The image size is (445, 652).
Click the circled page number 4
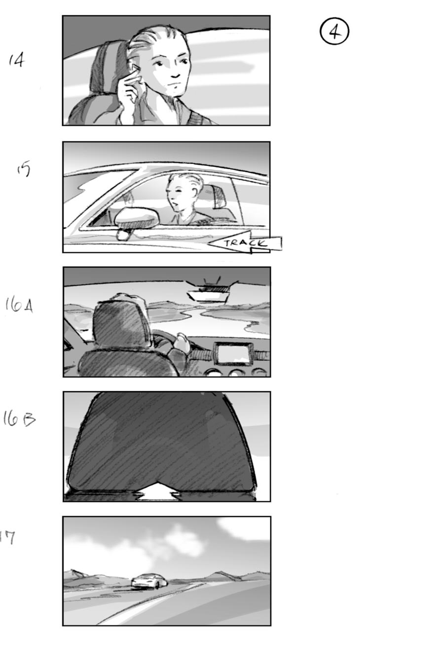[334, 32]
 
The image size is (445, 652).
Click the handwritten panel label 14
[16, 60]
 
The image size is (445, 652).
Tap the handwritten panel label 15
[23, 169]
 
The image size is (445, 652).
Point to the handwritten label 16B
[20, 419]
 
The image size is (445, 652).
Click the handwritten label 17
[7, 538]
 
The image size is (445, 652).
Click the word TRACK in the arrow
[245, 243]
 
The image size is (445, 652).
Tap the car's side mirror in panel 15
[136, 218]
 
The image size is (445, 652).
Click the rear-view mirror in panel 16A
[208, 294]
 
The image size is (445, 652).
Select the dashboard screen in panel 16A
[233, 353]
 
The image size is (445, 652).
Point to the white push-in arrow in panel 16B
[157, 493]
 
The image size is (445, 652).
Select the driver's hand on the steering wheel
[181, 343]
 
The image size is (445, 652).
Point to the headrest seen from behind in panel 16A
[120, 325]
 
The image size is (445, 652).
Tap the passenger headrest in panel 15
[217, 197]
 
